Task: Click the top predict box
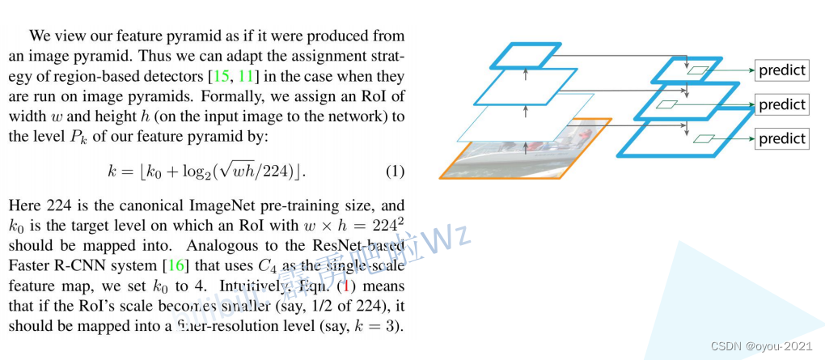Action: (782, 70)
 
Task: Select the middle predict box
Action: (782, 104)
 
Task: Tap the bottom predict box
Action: (782, 138)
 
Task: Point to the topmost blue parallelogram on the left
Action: (526, 54)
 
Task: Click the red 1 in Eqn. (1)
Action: (347, 286)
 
